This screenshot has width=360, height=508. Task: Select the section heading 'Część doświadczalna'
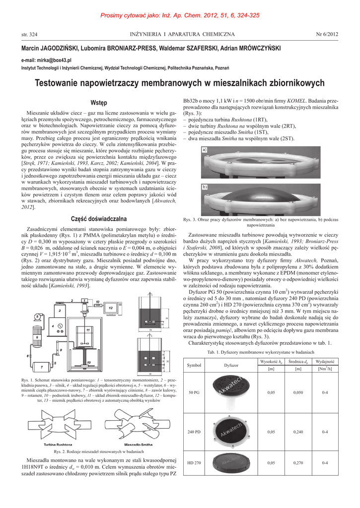[99, 219]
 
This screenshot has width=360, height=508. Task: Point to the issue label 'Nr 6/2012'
[327, 34]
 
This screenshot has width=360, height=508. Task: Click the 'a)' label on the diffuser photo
[204, 149]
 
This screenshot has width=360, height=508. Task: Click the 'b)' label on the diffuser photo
[204, 187]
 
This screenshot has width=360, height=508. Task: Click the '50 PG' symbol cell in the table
[194, 392]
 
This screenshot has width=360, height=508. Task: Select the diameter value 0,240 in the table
[298, 432]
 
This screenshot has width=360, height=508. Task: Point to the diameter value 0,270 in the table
[298, 463]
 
